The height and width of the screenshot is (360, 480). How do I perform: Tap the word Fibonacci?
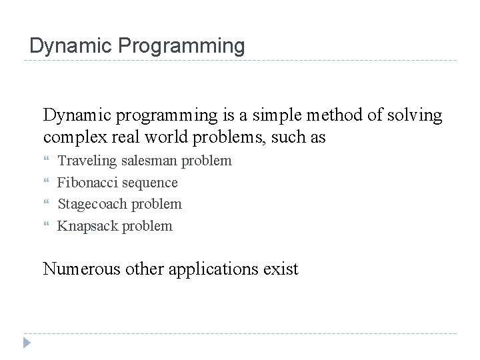tap(86, 182)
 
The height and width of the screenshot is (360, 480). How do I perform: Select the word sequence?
tap(148, 182)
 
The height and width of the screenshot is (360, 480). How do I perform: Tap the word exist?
tap(281, 269)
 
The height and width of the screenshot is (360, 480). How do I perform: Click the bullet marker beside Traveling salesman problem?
tap(47, 161)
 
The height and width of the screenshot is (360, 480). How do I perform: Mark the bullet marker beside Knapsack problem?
tap(47, 227)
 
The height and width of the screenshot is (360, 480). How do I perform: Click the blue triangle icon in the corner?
tap(26, 343)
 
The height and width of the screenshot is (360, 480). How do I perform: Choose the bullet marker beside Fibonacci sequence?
tap(47, 183)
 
